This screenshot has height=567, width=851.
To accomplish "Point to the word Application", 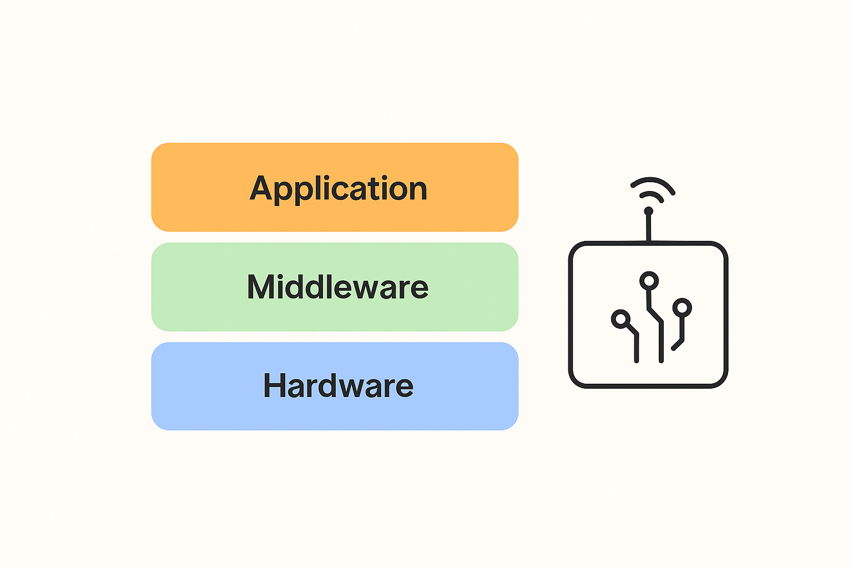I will click(338, 189).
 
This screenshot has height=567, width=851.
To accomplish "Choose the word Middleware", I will click(337, 287).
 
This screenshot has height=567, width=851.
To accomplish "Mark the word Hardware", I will click(338, 385).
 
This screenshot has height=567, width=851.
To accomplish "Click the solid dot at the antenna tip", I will click(648, 211).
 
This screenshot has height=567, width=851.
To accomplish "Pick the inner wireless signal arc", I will click(651, 194).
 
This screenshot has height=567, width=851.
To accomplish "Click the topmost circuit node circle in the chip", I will click(649, 281).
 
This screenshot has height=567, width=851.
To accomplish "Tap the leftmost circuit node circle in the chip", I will click(621, 319).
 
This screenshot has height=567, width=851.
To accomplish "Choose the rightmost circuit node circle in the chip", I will click(682, 307).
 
